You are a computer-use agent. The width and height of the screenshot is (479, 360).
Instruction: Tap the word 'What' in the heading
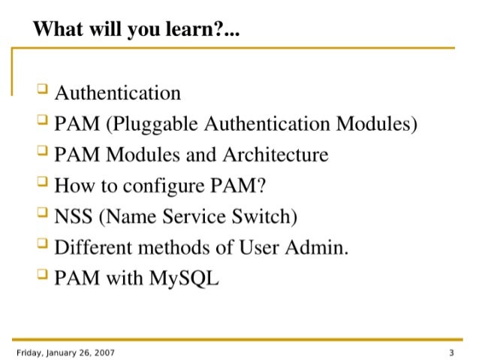pyautogui.click(x=54, y=31)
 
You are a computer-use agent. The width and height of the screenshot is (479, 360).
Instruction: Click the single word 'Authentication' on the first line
pyautogui.click(x=118, y=93)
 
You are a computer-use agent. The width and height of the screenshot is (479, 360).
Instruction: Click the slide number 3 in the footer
pyautogui.click(x=452, y=352)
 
